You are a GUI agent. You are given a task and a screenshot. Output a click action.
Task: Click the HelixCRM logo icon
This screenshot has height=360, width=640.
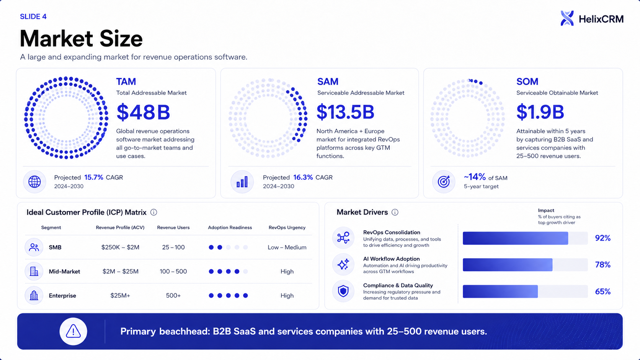pyautogui.click(x=567, y=18)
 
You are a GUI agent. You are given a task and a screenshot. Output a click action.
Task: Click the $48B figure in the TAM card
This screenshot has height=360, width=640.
pyautogui.click(x=143, y=112)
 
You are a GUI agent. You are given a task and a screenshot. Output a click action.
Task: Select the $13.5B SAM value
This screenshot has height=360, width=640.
pyautogui.click(x=345, y=112)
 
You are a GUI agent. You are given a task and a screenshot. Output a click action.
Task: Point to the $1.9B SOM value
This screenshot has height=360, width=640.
pyautogui.click(x=540, y=112)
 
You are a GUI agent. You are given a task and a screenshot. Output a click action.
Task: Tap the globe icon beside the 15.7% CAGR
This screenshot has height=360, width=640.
pyautogui.click(x=34, y=182)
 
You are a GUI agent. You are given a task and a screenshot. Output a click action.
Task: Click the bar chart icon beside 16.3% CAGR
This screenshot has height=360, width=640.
pyautogui.click(x=242, y=182)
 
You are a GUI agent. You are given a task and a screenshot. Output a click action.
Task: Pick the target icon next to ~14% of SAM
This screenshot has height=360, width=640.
pyautogui.click(x=444, y=182)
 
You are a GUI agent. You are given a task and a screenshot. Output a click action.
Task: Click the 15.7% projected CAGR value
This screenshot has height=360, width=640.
pyautogui.click(x=94, y=177)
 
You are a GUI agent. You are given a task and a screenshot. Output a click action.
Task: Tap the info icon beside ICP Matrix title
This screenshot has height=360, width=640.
pyautogui.click(x=154, y=212)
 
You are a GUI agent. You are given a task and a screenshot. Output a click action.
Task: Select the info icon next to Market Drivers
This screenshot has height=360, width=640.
pyautogui.click(x=395, y=212)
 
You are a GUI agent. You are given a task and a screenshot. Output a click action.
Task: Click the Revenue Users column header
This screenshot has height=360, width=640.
pyautogui.click(x=173, y=228)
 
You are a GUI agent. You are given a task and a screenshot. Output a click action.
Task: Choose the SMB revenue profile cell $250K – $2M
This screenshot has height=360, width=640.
pyautogui.click(x=120, y=247)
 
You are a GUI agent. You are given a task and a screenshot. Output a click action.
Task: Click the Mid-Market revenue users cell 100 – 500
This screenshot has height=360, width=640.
pyautogui.click(x=173, y=271)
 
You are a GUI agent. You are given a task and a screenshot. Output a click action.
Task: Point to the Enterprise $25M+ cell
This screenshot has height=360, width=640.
pyautogui.click(x=120, y=295)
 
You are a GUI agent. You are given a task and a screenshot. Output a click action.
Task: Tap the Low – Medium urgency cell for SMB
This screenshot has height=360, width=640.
pyautogui.click(x=287, y=247)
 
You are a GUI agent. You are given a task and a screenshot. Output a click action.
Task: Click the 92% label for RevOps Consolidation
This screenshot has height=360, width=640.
pyautogui.click(x=602, y=238)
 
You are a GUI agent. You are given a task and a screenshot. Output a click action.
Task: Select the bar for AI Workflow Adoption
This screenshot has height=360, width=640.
pyautogui.click(x=508, y=265)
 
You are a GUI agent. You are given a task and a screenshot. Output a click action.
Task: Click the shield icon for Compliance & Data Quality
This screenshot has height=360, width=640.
pyautogui.click(x=343, y=291)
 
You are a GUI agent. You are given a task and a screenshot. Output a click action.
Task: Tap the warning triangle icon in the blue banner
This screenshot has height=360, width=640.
pyautogui.click(x=73, y=331)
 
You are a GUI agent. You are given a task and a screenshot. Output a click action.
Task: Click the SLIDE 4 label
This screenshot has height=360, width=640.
pyautogui.click(x=33, y=16)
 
